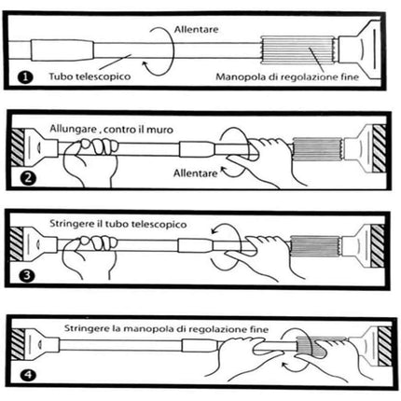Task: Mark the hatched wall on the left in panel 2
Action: pos(20,145)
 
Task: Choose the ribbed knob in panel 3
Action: pos(317,252)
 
